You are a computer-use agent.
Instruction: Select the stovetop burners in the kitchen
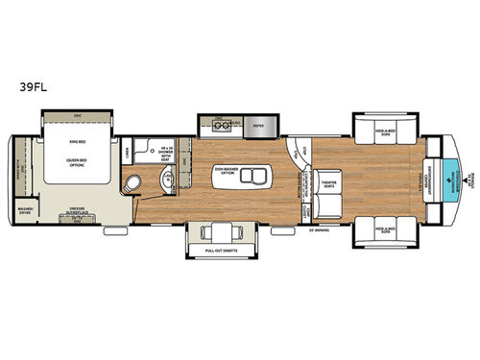pyautogui.click(x=220, y=125)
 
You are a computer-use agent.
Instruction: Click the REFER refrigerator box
pyautogui.click(x=259, y=125)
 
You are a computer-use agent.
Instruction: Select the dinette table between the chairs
pyautogui.click(x=222, y=231)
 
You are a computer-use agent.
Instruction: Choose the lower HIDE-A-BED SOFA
pyautogui.click(x=385, y=230)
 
